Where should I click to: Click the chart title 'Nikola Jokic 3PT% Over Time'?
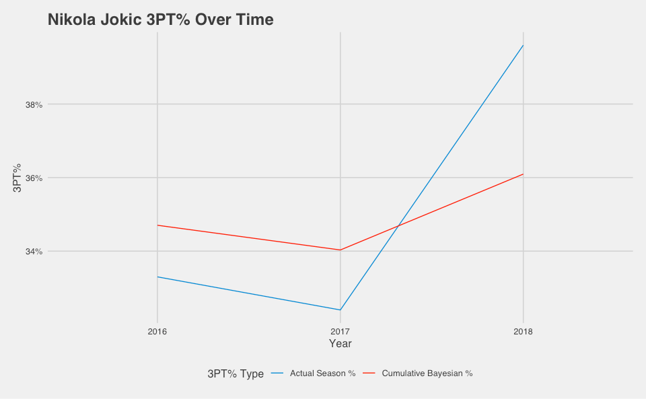point(160,20)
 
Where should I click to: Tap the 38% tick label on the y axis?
point(34,105)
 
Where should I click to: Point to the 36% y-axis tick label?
point(34,178)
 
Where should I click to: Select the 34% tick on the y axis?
point(34,252)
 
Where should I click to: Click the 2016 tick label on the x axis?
point(157,332)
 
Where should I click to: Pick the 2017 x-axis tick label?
point(340,332)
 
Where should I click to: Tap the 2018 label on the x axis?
point(523,332)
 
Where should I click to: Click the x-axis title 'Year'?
point(340,344)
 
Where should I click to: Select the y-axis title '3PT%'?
point(18,178)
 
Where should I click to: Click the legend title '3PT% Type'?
point(236,374)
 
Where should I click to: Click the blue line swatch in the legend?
point(277,373)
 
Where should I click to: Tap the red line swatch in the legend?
point(369,373)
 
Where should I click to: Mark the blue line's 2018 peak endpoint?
point(523,45)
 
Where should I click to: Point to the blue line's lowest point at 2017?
point(340,310)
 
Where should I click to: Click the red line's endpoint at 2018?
point(523,174)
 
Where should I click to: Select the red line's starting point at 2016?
point(157,225)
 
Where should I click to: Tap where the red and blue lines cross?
point(398,225)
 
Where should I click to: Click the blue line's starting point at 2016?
point(157,277)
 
